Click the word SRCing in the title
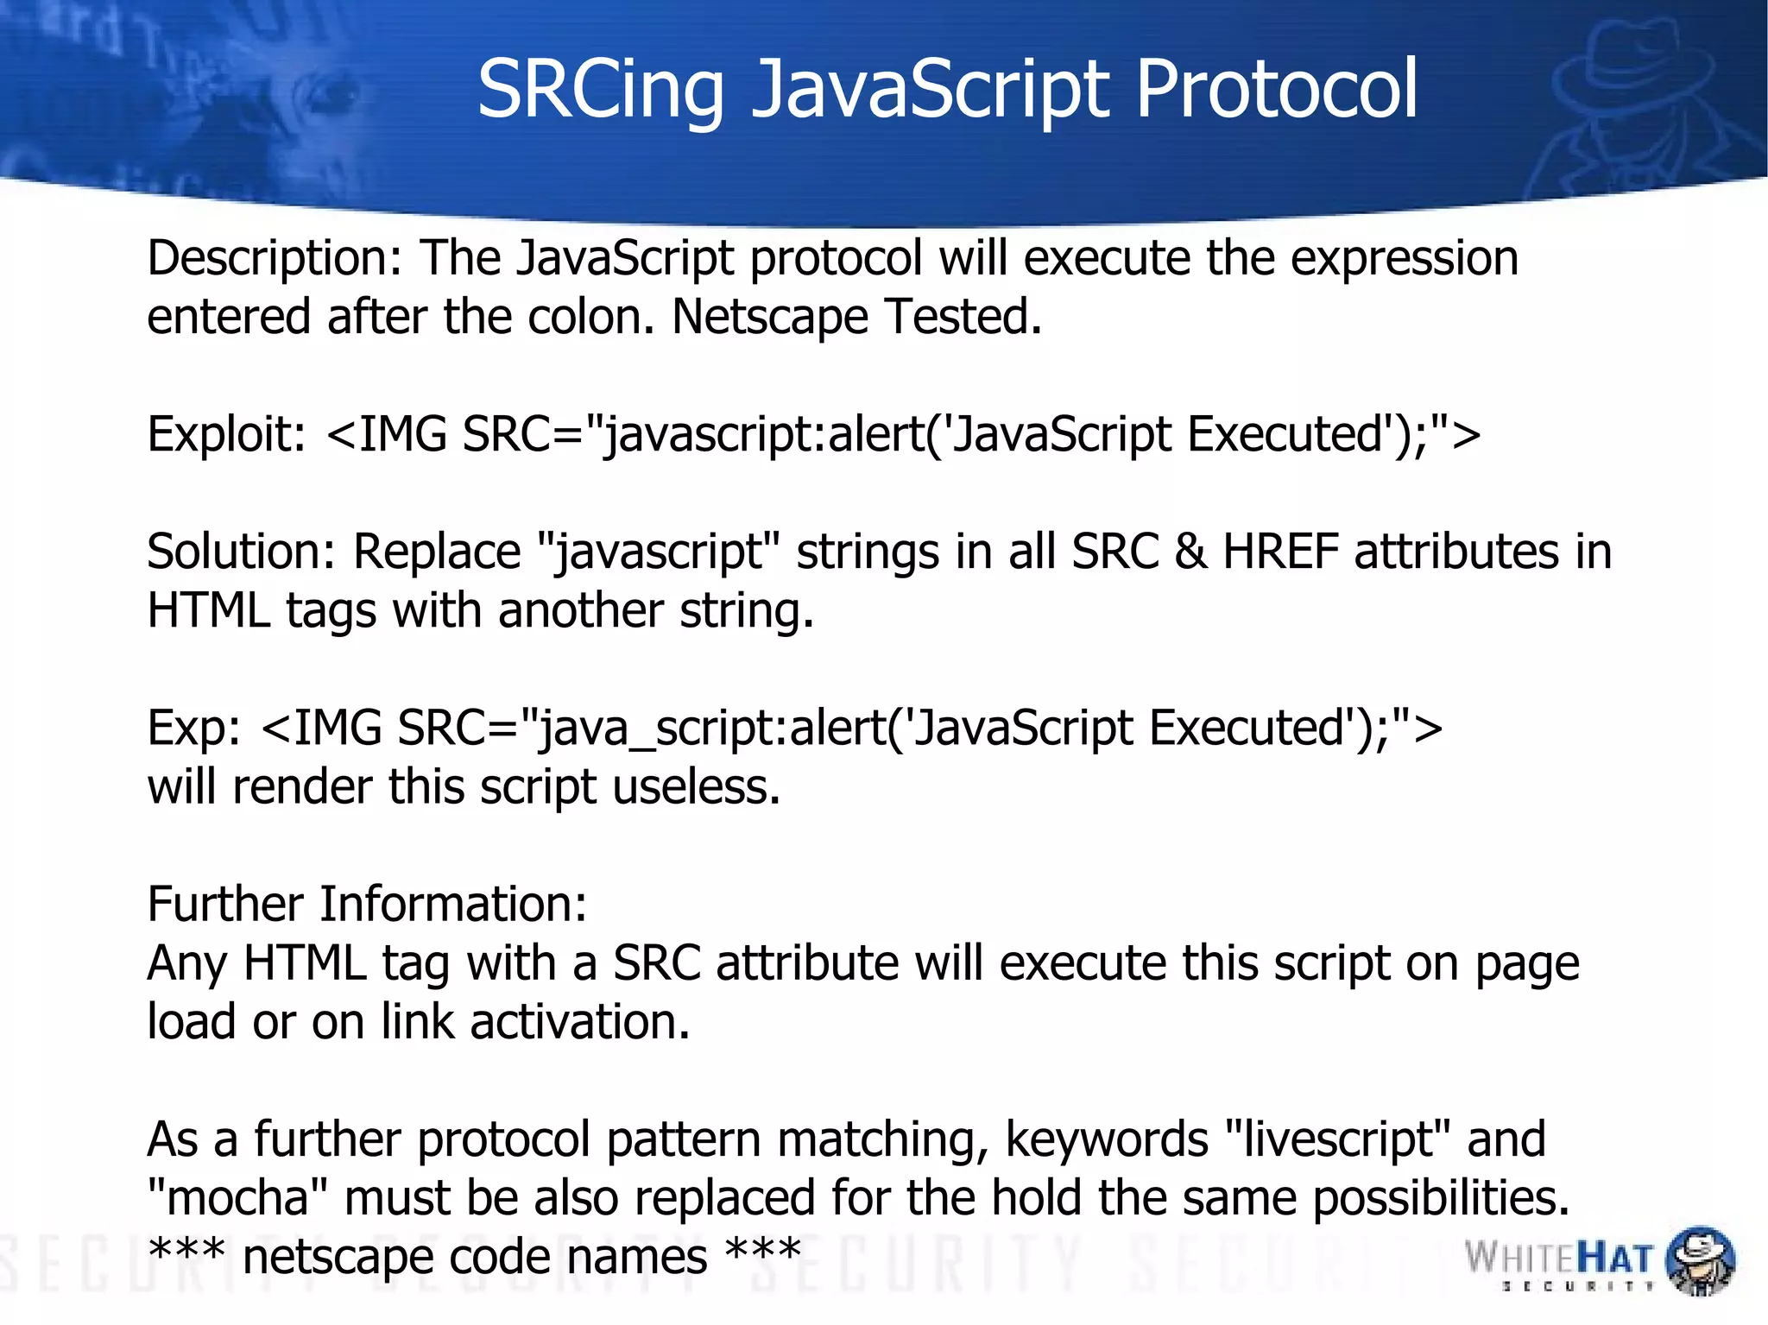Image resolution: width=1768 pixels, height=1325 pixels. click(600, 91)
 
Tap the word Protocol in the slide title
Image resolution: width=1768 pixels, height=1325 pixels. click(1277, 89)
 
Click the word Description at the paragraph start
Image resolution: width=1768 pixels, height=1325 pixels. click(275, 259)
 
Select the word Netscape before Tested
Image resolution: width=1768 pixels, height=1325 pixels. click(769, 318)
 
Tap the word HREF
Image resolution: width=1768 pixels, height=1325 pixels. click(1280, 552)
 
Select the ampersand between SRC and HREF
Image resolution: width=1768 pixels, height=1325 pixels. click(1190, 552)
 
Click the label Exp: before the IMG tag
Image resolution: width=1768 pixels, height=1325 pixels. click(194, 729)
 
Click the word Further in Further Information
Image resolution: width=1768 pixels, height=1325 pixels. click(225, 905)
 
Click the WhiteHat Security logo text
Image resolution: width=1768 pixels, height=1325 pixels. click(1559, 1259)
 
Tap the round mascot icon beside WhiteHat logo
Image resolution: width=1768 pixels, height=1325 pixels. click(1699, 1260)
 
